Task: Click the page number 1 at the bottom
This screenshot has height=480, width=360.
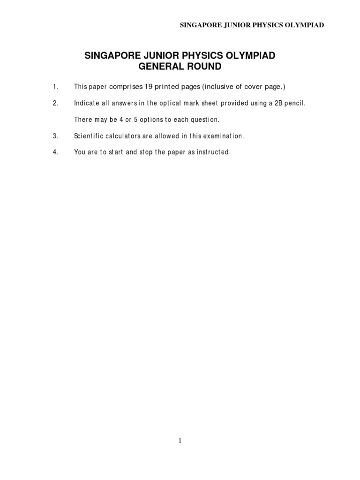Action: [180, 440]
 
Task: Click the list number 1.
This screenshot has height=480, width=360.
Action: [55, 87]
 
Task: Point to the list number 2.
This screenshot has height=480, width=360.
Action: [55, 103]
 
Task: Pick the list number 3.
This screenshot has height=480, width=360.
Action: [55, 136]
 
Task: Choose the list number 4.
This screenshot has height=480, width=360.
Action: [55, 152]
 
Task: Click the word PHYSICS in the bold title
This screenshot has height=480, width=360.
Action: [194, 56]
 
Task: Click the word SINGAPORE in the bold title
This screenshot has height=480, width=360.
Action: [108, 56]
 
